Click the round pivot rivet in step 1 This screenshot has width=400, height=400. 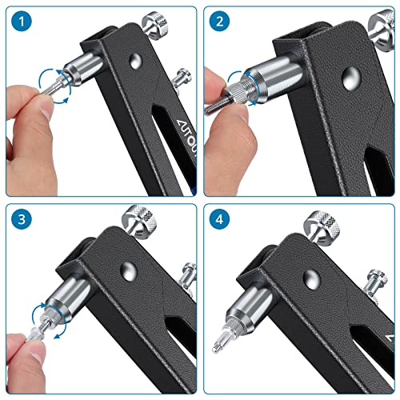tap(134, 61)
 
